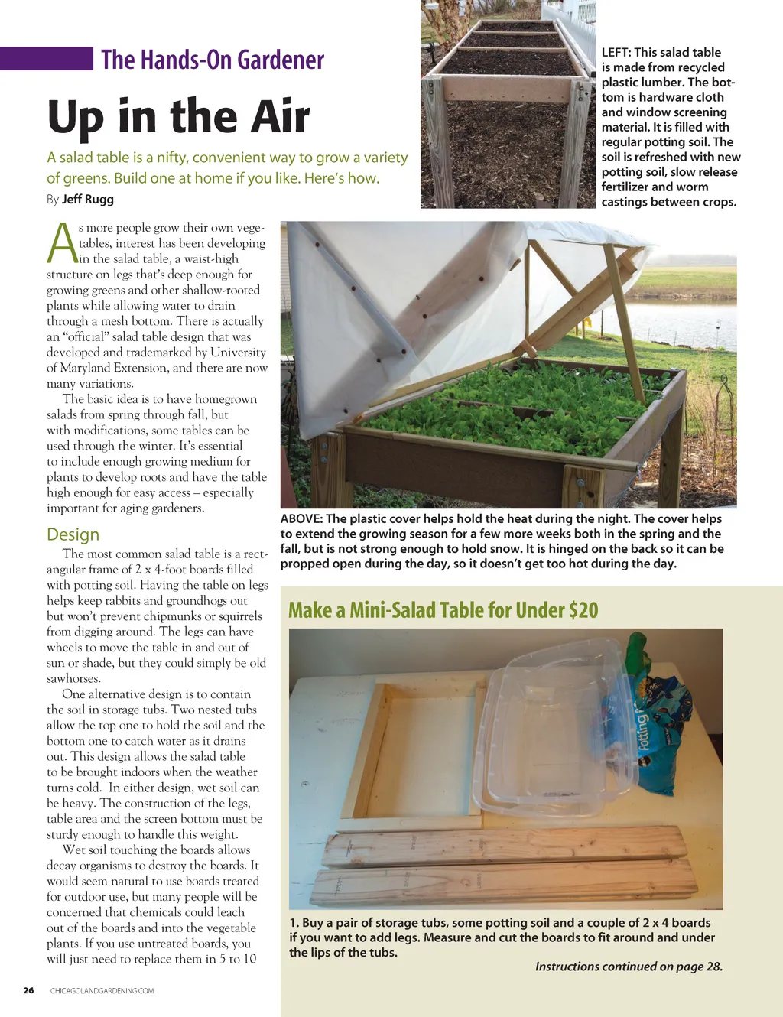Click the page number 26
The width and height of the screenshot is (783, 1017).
coord(28,990)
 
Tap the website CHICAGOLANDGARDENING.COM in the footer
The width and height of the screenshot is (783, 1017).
coord(102,991)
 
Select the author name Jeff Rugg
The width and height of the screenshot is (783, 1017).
coord(88,200)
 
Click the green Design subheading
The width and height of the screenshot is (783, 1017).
coord(73,534)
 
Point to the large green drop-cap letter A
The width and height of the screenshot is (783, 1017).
coord(61,243)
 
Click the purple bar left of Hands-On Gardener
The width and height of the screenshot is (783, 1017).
coord(46,59)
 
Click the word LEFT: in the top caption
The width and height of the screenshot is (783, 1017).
coord(616,53)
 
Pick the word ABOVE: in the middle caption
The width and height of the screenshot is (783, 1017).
coord(302,519)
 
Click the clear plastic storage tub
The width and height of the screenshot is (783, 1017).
coord(558,734)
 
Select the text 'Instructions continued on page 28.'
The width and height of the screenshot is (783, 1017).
coord(629,967)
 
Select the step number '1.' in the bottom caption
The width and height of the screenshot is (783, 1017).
coord(294,923)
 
